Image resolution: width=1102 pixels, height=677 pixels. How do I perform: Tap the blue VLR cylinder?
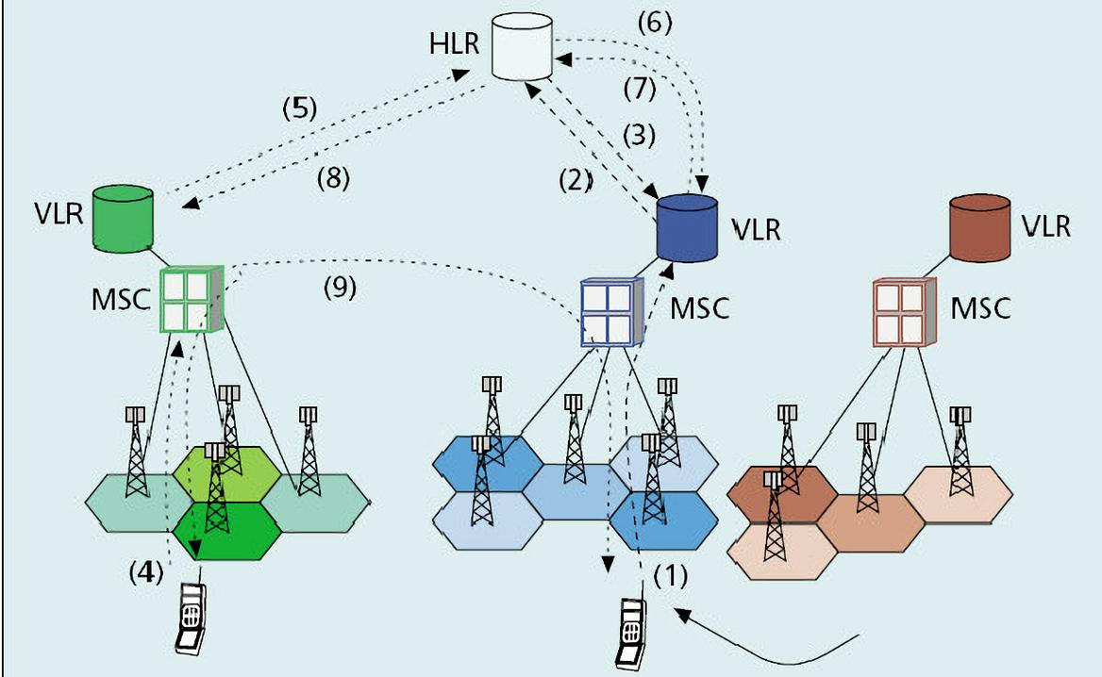click(x=688, y=228)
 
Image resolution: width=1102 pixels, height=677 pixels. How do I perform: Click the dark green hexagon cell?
click(x=230, y=532)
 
